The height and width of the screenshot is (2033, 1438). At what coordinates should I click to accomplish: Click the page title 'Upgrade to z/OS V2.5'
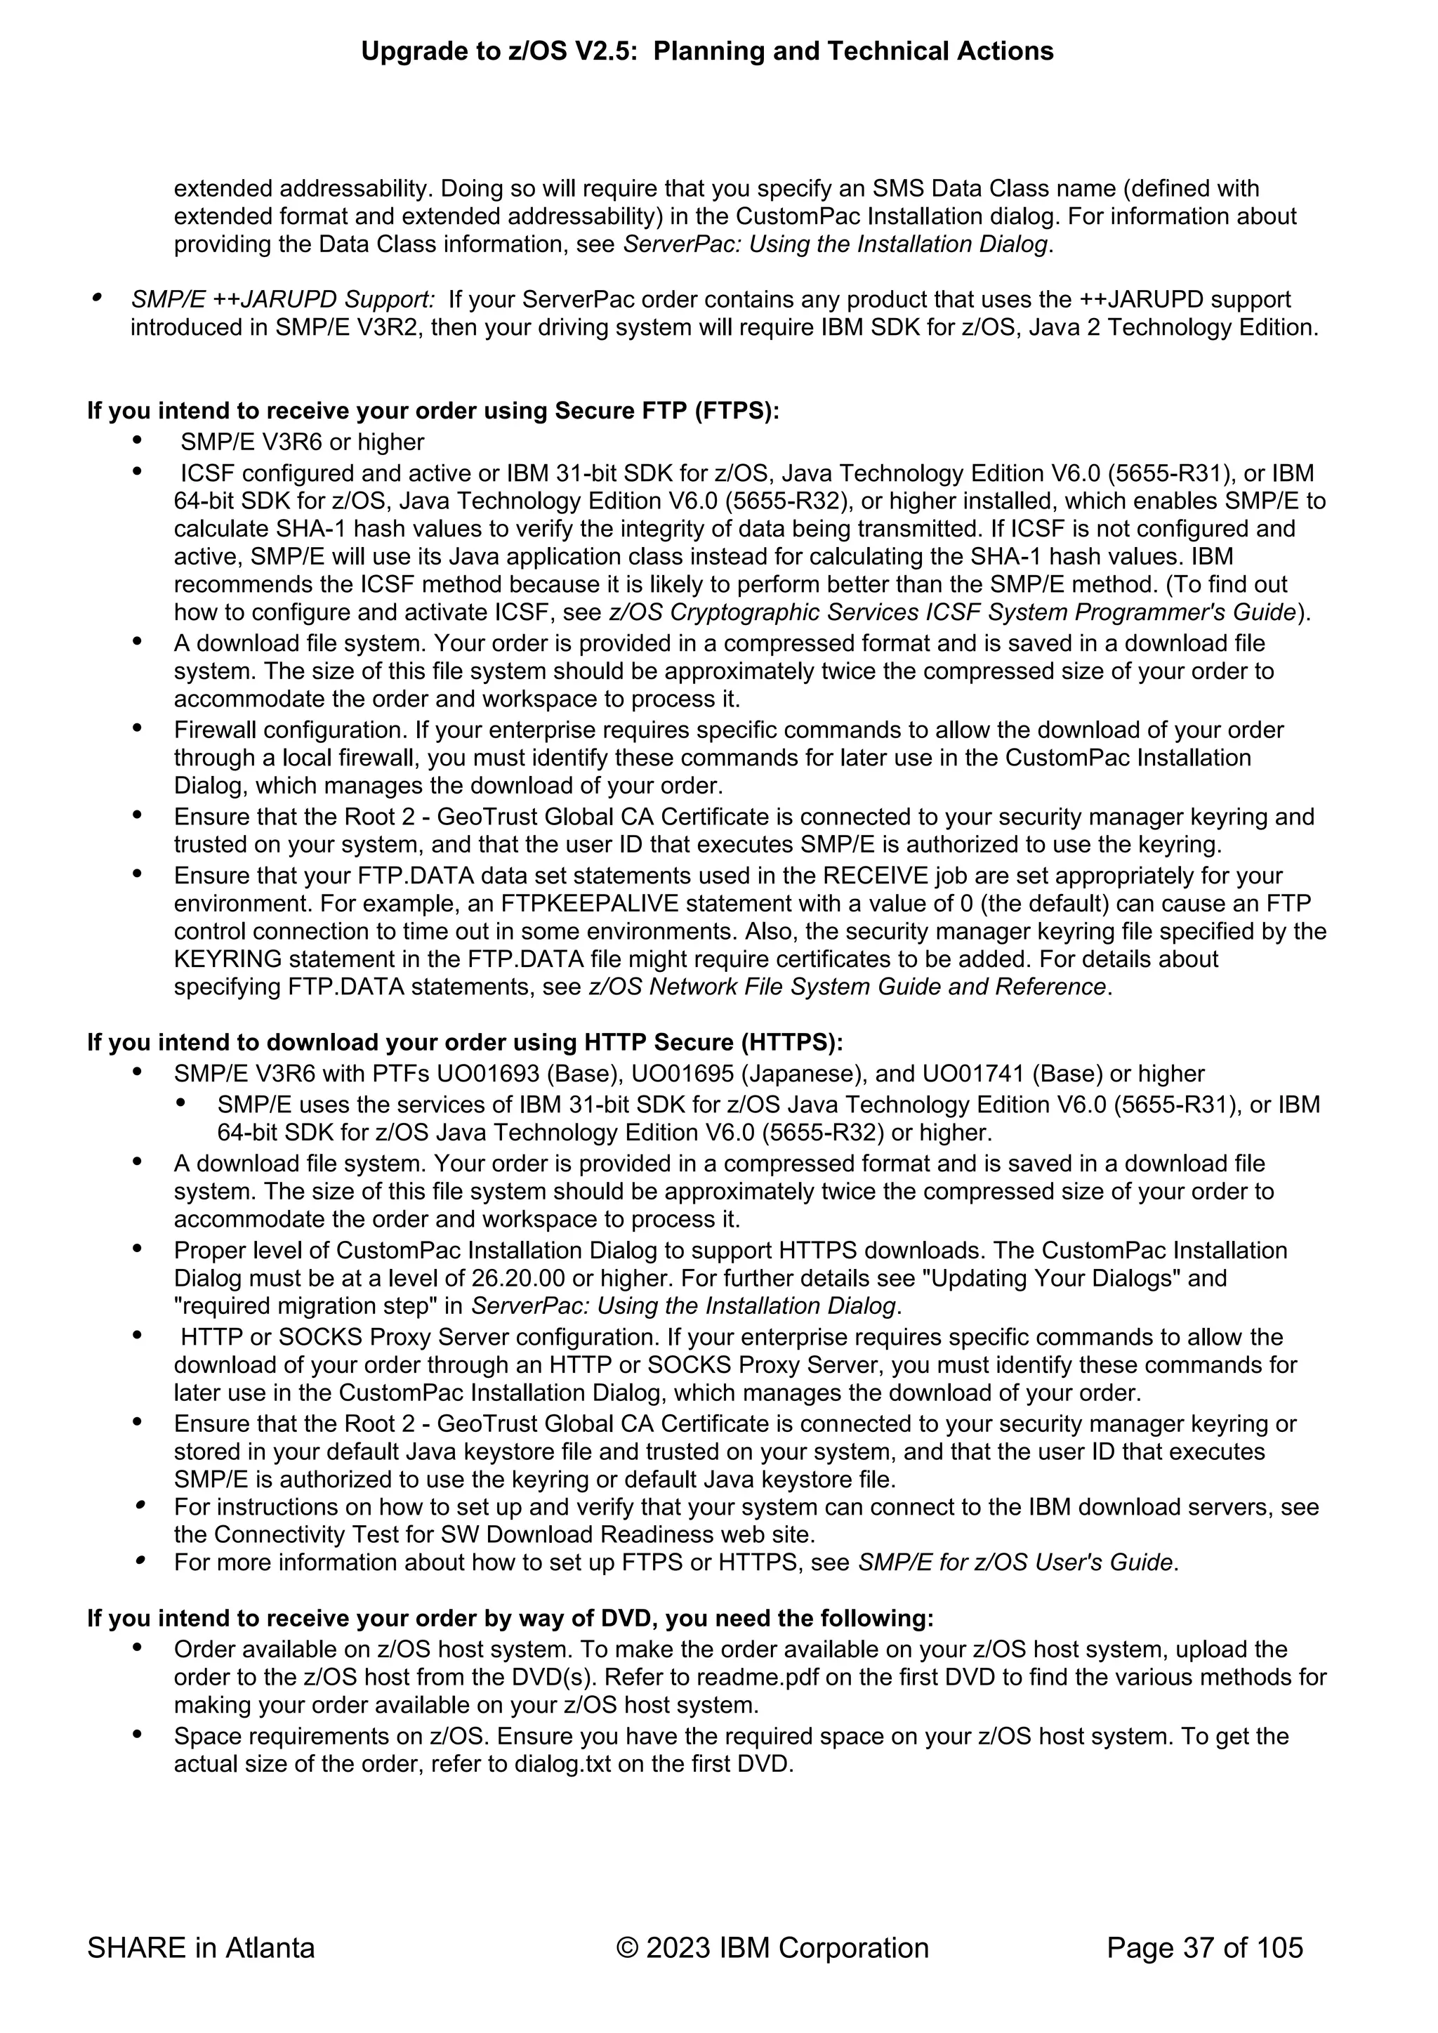tap(706, 51)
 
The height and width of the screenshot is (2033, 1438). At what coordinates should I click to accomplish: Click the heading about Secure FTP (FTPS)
tap(433, 411)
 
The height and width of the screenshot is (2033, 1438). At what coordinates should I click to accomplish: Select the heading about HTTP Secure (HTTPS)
tap(465, 1042)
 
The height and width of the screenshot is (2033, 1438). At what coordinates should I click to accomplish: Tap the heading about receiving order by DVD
tap(510, 1619)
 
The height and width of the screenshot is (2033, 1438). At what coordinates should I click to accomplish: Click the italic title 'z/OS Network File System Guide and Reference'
tap(847, 987)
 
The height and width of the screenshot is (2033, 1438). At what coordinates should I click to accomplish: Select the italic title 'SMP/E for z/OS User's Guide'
tap(1015, 1562)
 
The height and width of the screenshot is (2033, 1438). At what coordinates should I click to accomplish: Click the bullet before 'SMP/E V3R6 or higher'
tap(137, 441)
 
